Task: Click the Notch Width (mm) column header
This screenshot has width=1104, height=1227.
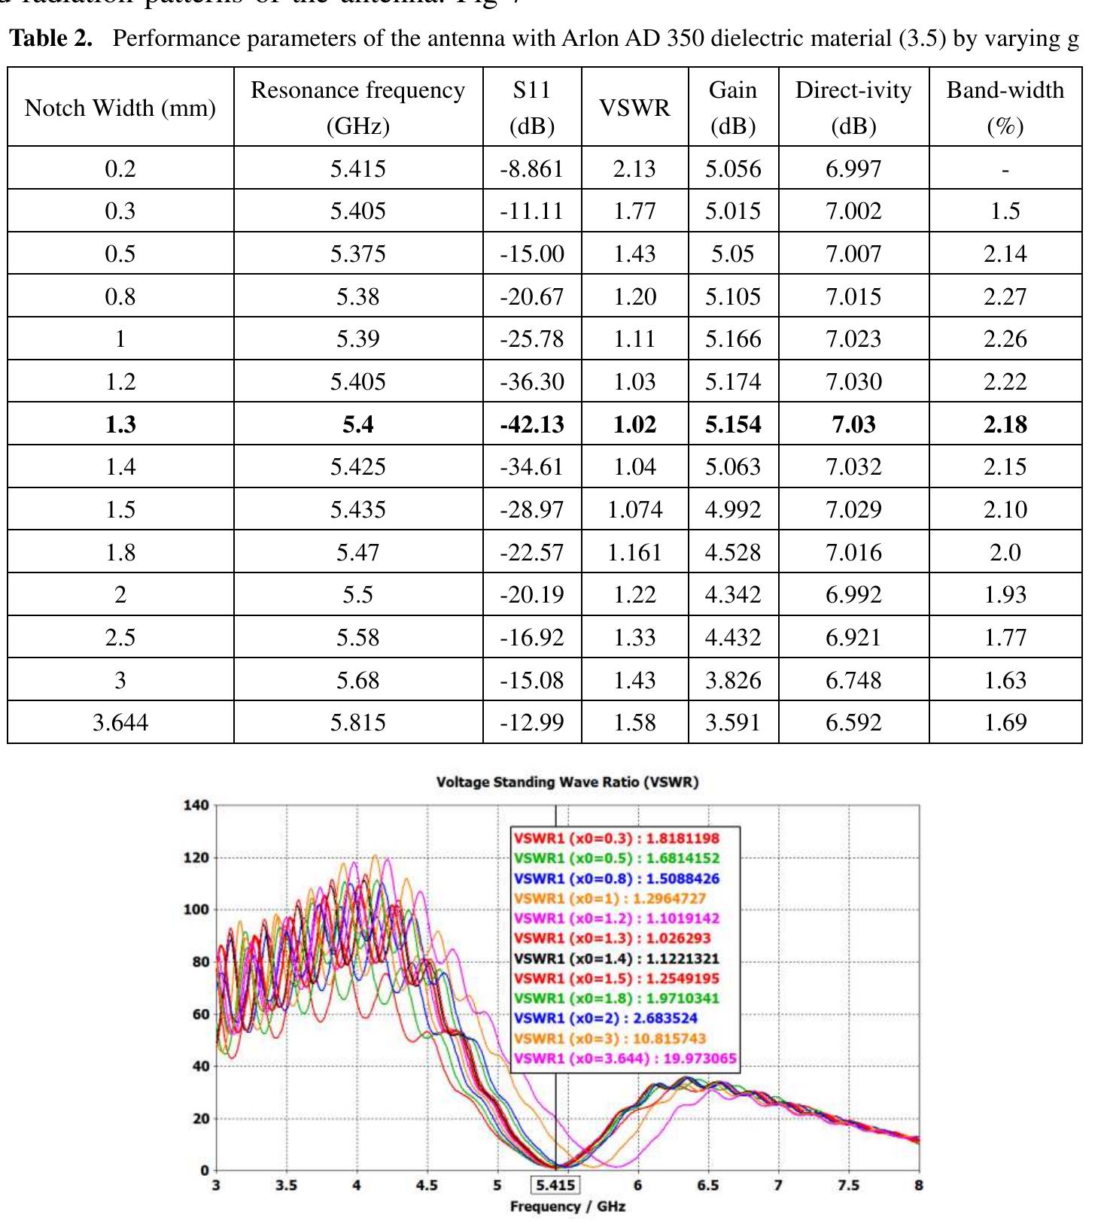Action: click(120, 108)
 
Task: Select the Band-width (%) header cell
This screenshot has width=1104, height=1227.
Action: click(1005, 108)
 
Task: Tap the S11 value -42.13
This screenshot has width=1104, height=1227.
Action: click(532, 424)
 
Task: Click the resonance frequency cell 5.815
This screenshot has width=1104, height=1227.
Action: click(357, 722)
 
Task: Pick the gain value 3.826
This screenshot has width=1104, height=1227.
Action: click(733, 680)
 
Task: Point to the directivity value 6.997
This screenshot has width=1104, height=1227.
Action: click(853, 169)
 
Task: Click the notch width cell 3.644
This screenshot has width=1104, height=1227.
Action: click(120, 722)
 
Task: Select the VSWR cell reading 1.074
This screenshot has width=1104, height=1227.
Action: click(634, 509)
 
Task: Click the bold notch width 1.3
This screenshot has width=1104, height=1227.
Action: click(120, 424)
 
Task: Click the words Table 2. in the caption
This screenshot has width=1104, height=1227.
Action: click(50, 38)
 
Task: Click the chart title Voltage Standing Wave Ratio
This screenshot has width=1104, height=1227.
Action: click(567, 782)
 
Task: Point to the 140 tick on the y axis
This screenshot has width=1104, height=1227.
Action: click(196, 806)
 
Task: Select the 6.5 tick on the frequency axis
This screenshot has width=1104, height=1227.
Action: click(707, 1185)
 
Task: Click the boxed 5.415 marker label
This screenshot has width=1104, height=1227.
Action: click(555, 1186)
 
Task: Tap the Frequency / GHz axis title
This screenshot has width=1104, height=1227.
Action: click(567, 1207)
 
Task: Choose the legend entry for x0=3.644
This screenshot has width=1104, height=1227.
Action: click(625, 1058)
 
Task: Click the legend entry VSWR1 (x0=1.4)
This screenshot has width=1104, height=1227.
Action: click(616, 958)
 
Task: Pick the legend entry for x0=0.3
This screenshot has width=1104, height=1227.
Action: click(616, 838)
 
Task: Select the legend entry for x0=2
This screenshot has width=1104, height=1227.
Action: click(606, 1018)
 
